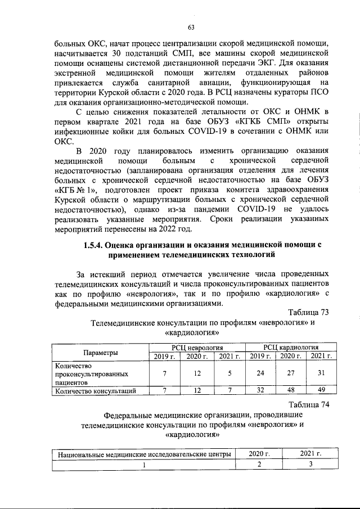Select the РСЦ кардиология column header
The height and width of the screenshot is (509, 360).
coord(291,348)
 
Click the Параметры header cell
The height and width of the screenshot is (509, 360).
coord(101,352)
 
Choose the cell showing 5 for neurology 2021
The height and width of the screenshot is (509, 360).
coord(228,373)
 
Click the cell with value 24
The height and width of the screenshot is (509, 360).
coord(259,373)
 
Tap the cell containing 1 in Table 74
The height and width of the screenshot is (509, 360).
coord(143,465)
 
